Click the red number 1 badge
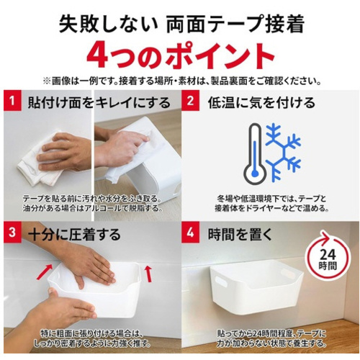pyautogui.click(x=12, y=100)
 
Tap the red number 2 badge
pyautogui.click(x=190, y=100)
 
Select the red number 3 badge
pyautogui.click(x=12, y=233)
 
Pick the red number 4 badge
pyautogui.click(x=190, y=233)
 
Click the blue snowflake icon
pyautogui.click(x=284, y=152)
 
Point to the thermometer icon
pyautogui.click(x=255, y=154)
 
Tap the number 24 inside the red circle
pyautogui.click(x=328, y=255)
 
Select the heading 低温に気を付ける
pyautogui.click(x=261, y=102)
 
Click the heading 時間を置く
pyautogui.click(x=240, y=234)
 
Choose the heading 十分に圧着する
pyautogui.click(x=74, y=234)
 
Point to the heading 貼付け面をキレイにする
pyautogui.click(x=99, y=102)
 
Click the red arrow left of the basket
pyautogui.click(x=44, y=272)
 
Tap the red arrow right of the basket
pyautogui.click(x=149, y=274)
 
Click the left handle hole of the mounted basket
pyautogui.click(x=221, y=282)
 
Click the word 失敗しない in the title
pyautogui.click(x=108, y=24)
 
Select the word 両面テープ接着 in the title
pyautogui.click(x=235, y=24)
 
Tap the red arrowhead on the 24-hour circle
pyautogui.click(x=325, y=237)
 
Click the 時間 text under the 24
pyautogui.click(x=328, y=266)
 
